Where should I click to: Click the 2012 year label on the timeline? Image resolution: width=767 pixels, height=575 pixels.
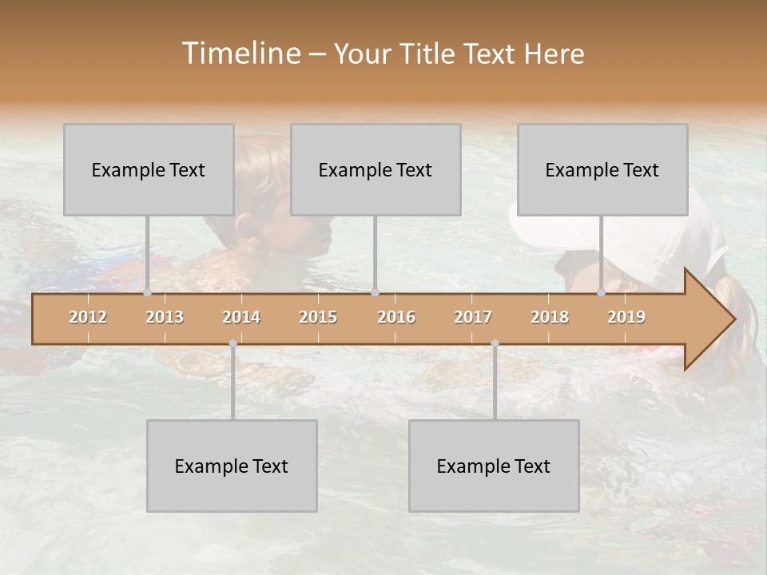click(x=88, y=317)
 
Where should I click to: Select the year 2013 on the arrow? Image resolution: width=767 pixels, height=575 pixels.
click(x=165, y=317)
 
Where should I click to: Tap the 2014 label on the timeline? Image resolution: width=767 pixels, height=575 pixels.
click(x=241, y=317)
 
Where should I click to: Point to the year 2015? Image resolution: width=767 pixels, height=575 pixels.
click(x=318, y=317)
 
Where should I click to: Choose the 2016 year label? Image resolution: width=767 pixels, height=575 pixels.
click(x=396, y=317)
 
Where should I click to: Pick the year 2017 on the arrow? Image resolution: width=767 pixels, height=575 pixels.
click(x=473, y=317)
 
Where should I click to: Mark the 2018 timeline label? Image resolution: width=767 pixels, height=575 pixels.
click(x=550, y=317)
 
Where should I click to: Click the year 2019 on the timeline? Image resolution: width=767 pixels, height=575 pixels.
click(x=626, y=317)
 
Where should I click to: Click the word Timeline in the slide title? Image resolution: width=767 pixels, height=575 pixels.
click(x=240, y=54)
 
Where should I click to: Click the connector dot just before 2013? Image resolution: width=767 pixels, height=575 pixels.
click(x=148, y=292)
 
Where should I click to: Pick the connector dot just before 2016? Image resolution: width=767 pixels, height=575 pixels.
click(x=375, y=292)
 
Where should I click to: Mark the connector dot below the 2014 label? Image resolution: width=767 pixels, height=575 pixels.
click(x=232, y=343)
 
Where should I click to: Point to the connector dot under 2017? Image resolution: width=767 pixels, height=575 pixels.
click(x=495, y=343)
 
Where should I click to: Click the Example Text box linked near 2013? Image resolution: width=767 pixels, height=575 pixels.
click(x=149, y=169)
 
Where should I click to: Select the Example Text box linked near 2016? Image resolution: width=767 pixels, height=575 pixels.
click(x=376, y=169)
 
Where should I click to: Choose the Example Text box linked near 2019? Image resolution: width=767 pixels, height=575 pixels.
click(x=602, y=169)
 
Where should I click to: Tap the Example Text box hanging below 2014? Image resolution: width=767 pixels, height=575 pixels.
click(x=232, y=466)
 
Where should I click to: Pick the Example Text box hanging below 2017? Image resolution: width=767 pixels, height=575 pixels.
click(x=494, y=466)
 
